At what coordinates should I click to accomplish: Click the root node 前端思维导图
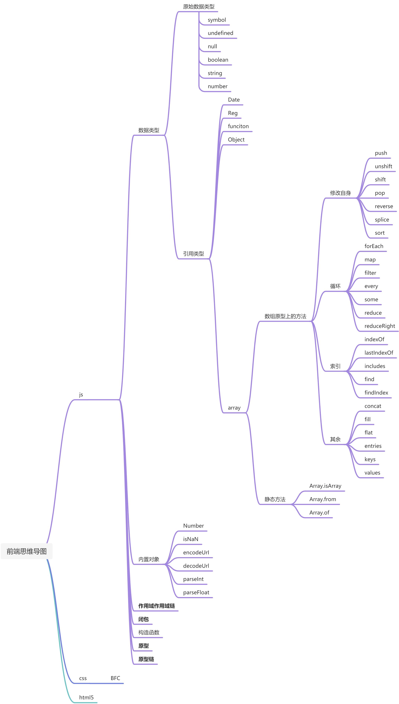27,551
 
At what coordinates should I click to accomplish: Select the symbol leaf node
217,20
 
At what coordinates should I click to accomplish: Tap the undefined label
220,33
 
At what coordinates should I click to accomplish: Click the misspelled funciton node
238,126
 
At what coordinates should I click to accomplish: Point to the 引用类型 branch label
194,254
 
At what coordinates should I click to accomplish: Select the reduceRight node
379,326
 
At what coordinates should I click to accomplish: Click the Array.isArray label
325,486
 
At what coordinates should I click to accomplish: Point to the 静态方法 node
275,499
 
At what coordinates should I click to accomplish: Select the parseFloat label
196,592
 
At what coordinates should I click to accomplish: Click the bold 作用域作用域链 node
156,606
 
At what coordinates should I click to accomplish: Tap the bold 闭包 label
143,619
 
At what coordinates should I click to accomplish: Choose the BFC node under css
115,678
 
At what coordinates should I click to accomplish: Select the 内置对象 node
149,559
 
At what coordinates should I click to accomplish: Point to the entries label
373,446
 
